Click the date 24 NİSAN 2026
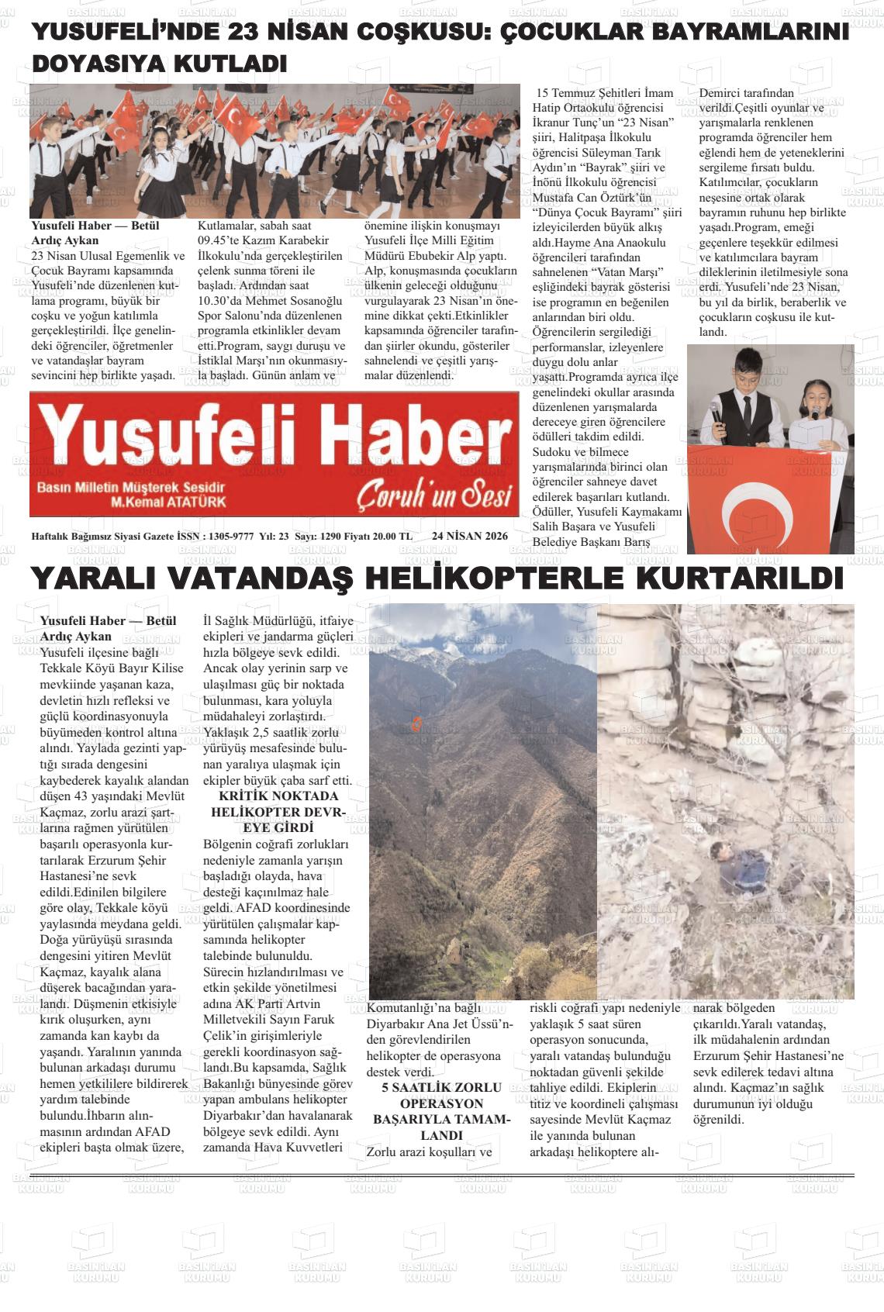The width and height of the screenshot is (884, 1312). (x=470, y=536)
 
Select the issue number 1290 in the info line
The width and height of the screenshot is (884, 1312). (x=331, y=536)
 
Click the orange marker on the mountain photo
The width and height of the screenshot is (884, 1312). (x=416, y=724)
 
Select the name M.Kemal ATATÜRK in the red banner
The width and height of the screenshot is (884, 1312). (x=168, y=502)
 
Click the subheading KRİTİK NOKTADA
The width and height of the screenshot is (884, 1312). (x=278, y=796)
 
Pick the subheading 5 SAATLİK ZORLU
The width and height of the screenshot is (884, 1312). (x=441, y=1087)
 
